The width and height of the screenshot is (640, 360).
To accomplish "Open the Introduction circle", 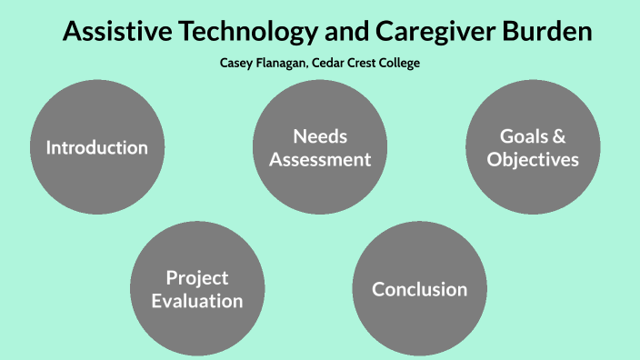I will pyautogui.click(x=97, y=147).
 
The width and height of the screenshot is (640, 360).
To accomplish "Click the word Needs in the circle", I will pyautogui.click(x=320, y=136).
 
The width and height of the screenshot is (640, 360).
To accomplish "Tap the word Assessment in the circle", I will pyautogui.click(x=320, y=159).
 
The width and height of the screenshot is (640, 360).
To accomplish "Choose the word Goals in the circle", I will pyautogui.click(x=523, y=136).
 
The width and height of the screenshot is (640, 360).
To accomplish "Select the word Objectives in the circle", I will pyautogui.click(x=533, y=159).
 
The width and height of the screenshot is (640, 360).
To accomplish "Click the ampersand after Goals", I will pyautogui.click(x=558, y=136).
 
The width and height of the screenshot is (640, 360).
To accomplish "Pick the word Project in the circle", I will pyautogui.click(x=197, y=277).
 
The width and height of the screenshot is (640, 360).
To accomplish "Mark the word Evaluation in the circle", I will pyautogui.click(x=197, y=300).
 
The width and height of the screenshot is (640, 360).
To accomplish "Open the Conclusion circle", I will pyautogui.click(x=419, y=289).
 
